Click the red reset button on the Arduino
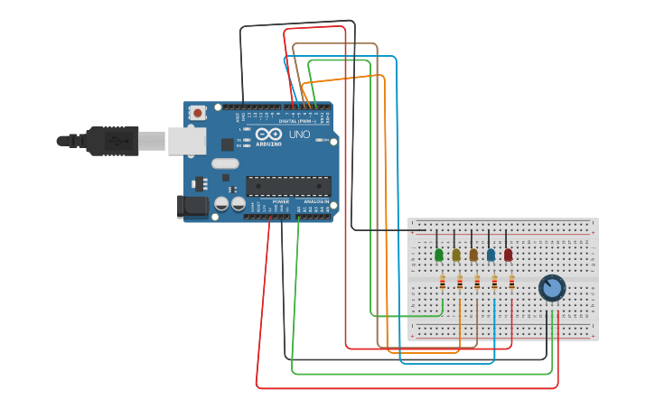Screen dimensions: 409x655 coord(197,113)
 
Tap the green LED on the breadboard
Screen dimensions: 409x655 coord(439,256)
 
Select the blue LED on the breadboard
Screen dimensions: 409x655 coord(491,256)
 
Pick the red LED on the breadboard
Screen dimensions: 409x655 coord(508,256)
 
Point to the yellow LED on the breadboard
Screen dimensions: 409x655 coord(456,256)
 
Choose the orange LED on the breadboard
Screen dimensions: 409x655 coord(473,256)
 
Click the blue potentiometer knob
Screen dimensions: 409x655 coord(551,288)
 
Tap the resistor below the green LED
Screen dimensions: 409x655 coord(442,283)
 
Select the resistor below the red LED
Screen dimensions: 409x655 coord(511,283)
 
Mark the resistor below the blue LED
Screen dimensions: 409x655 coord(494,283)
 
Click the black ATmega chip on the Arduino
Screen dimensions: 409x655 coord(288,186)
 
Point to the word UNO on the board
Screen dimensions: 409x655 coord(300,135)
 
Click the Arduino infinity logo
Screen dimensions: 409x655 coord(274,134)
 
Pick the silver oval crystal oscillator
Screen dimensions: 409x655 coord(225,164)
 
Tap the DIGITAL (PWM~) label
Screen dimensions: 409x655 coord(295,120)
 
